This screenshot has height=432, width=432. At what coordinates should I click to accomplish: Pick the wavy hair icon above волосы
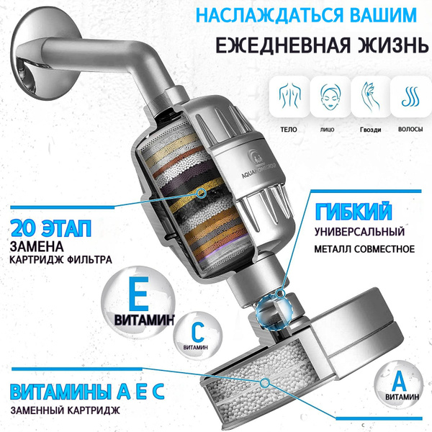click(x=410, y=96)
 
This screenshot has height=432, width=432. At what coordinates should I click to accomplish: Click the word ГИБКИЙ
click(x=354, y=212)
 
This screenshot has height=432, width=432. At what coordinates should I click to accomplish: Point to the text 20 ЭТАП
click(x=51, y=228)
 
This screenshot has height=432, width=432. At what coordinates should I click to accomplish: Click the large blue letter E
click(x=138, y=294)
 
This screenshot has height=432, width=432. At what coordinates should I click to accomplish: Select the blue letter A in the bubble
click(x=399, y=382)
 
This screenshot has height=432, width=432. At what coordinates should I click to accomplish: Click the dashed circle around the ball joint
click(x=274, y=310)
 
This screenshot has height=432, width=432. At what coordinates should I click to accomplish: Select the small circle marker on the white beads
click(x=264, y=382)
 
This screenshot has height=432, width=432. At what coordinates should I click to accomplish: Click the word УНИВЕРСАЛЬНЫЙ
click(x=359, y=232)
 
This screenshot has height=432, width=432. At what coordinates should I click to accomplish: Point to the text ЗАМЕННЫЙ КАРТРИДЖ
click(x=66, y=410)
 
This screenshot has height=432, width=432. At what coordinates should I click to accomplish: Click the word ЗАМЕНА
click(x=37, y=246)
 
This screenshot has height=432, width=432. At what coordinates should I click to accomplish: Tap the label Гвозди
click(x=370, y=130)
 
